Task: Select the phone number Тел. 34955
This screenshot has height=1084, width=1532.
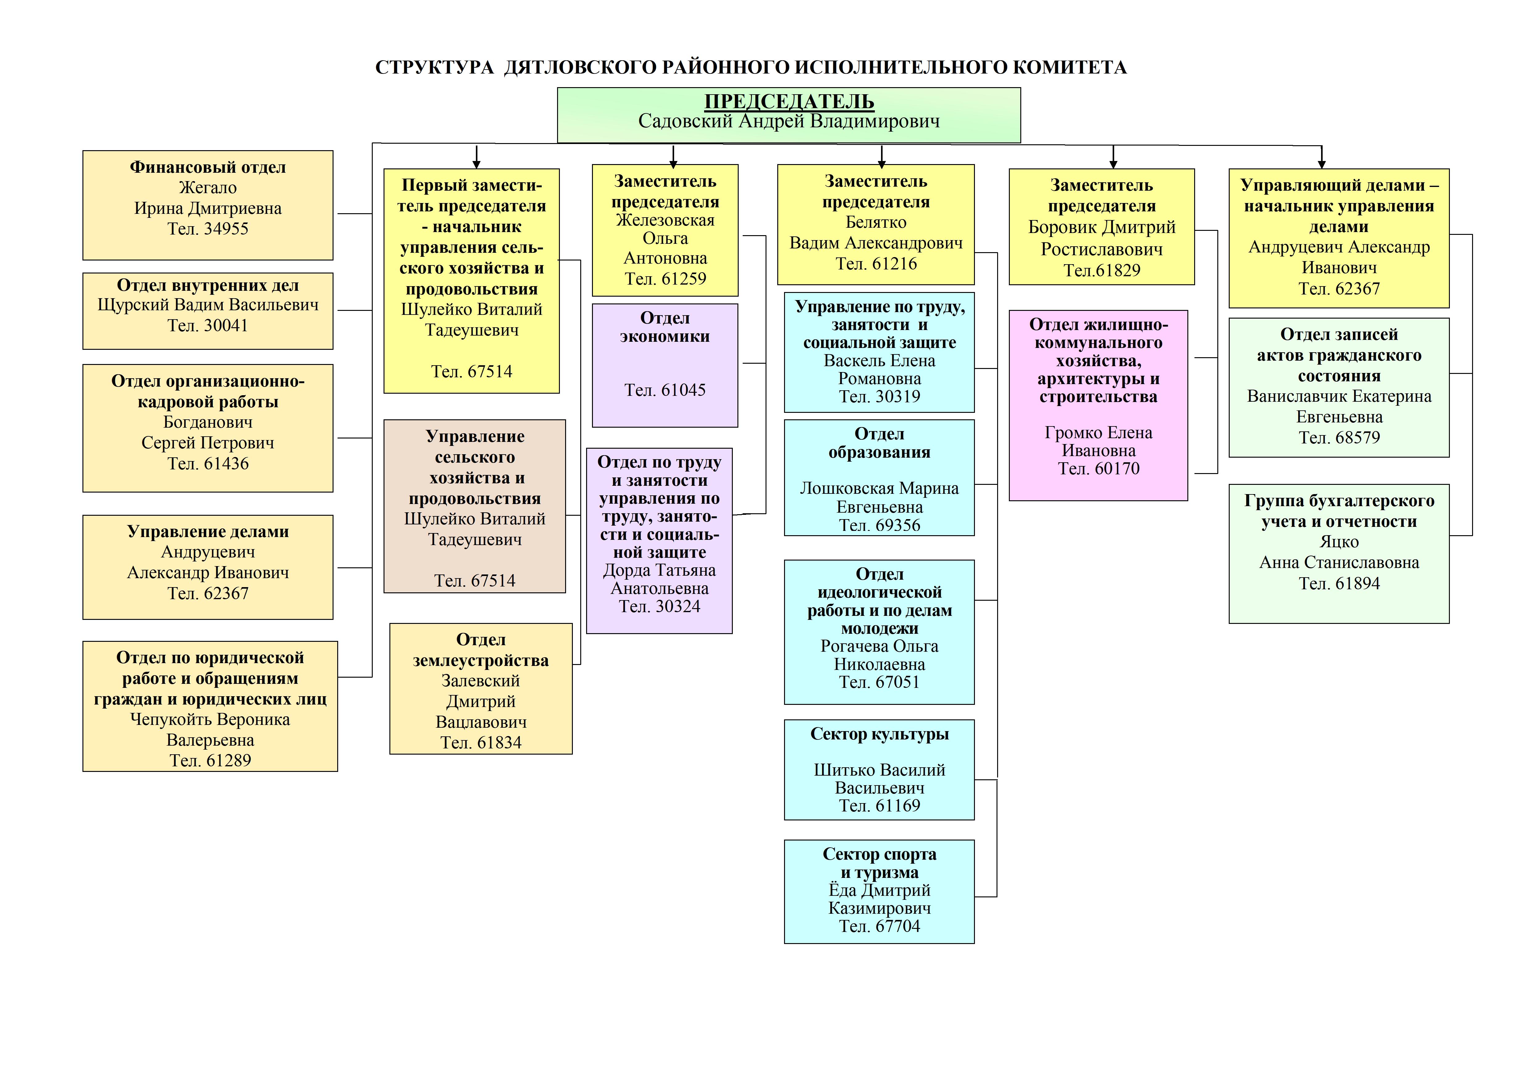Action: [x=208, y=229]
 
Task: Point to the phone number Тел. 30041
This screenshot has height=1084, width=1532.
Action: [x=208, y=326]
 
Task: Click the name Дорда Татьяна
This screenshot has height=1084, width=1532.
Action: [x=659, y=571]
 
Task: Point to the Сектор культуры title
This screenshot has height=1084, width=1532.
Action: [x=879, y=734]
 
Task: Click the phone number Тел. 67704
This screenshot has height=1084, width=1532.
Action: [x=879, y=926]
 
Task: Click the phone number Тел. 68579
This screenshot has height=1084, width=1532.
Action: [x=1339, y=438]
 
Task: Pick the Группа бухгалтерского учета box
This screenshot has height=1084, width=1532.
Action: [x=1339, y=554]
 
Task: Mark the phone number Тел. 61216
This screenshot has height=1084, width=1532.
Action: [x=876, y=264]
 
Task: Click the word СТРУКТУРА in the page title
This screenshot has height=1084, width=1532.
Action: [x=434, y=67]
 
